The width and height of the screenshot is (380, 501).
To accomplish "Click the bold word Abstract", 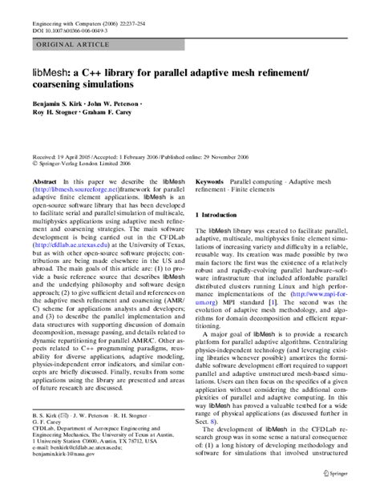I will (x=44, y=182).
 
